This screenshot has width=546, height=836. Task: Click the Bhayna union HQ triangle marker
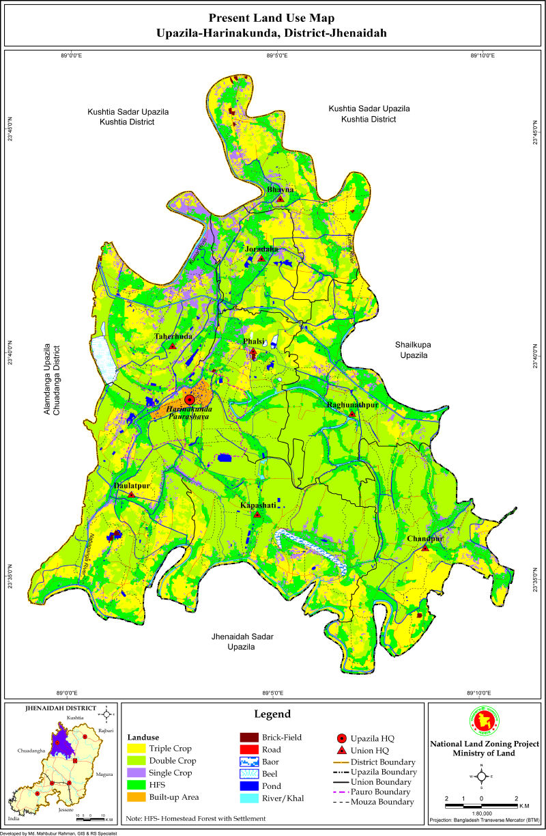[x=280, y=199]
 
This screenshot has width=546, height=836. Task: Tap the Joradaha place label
[x=261, y=250]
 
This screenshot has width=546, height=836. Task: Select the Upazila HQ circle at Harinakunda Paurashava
[x=190, y=400]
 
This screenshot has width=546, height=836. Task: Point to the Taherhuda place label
[x=173, y=337]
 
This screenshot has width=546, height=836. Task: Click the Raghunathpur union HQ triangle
[x=352, y=414]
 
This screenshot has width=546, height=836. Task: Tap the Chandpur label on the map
[x=425, y=539]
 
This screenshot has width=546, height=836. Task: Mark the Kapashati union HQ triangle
[x=257, y=514]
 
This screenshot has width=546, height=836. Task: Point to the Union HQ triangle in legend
[x=341, y=751]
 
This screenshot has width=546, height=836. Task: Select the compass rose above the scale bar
[x=481, y=777]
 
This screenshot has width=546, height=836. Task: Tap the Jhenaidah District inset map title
[x=60, y=708]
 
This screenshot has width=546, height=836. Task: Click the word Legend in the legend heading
[x=273, y=714]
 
